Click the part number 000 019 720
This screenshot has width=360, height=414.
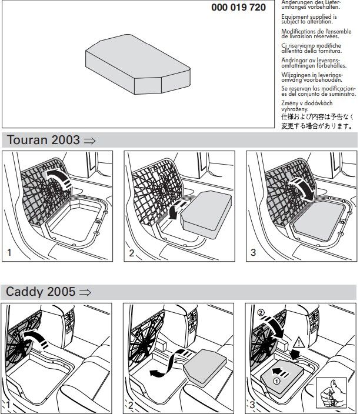coord(239,8)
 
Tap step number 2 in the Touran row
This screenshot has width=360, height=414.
coord(132,253)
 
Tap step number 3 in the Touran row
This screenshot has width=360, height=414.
coord(253,253)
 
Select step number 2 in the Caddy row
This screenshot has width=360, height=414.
coord(132,405)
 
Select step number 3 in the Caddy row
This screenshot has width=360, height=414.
coord(253,405)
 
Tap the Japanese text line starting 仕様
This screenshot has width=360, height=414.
coord(316,116)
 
